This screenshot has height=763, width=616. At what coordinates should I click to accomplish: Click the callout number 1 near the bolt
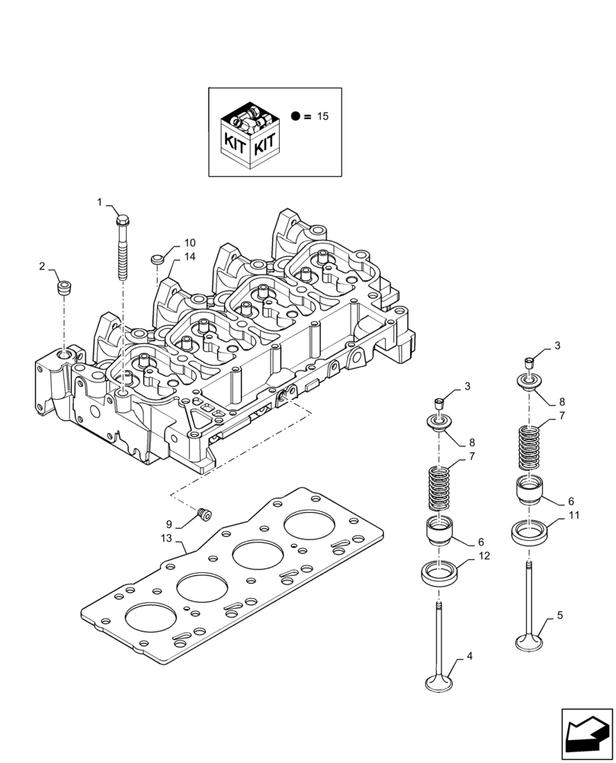99,201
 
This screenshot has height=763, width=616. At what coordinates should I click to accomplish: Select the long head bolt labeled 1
123,248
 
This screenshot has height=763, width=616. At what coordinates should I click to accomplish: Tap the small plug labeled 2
64,289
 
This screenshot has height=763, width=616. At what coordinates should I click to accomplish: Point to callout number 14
189,257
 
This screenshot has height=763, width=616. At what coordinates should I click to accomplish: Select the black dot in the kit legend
295,117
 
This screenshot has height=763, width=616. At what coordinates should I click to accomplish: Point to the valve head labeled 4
440,681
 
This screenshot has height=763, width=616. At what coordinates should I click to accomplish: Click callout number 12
486,557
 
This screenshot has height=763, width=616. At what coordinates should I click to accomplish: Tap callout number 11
574,517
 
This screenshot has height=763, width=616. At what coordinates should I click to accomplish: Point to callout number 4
470,655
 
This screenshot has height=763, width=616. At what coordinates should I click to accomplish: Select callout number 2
43,266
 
